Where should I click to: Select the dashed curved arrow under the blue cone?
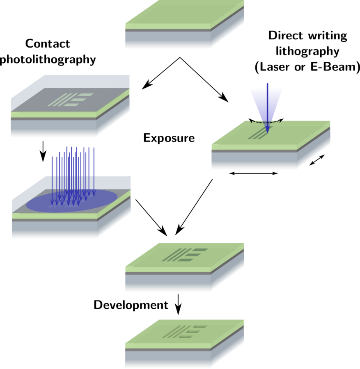point(266,122)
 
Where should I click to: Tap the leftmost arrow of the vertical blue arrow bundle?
point(52,180)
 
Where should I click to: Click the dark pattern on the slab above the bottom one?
point(185,255)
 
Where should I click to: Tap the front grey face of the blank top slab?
point(167,40)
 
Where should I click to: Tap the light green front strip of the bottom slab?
point(167,346)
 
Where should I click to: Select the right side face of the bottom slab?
point(228,348)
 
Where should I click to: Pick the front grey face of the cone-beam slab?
point(254,161)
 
